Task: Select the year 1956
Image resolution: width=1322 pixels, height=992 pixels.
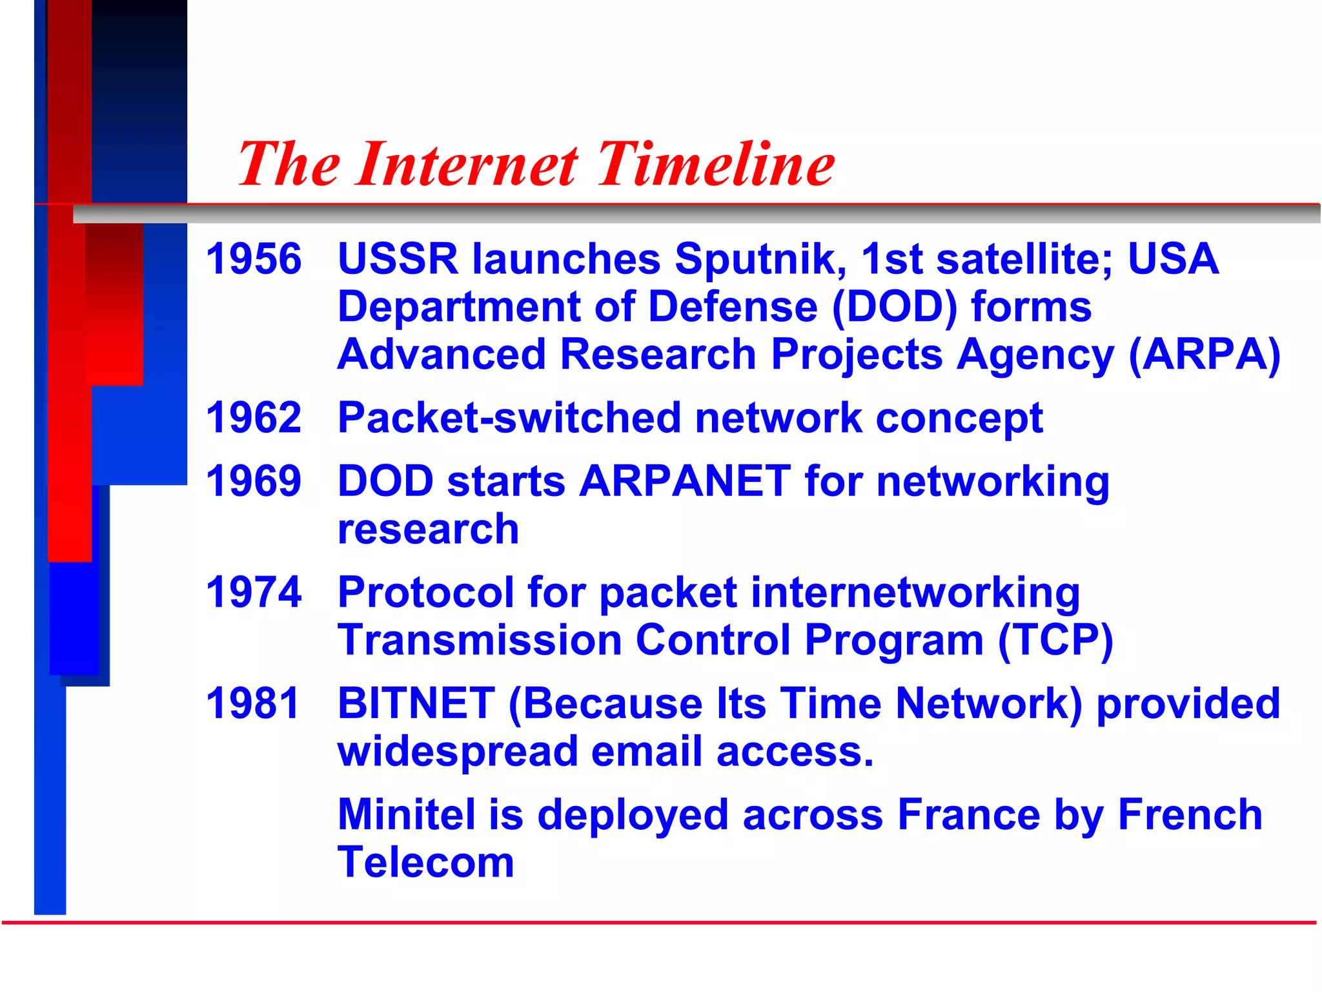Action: click(x=254, y=259)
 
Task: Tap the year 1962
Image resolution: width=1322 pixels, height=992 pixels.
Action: click(x=254, y=418)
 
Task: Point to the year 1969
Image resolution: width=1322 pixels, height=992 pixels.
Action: click(x=254, y=481)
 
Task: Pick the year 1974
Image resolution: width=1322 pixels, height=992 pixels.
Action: click(x=254, y=592)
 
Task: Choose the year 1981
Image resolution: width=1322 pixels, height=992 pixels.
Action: click(x=254, y=703)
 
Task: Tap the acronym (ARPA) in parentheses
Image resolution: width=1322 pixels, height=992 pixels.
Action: click(x=1205, y=355)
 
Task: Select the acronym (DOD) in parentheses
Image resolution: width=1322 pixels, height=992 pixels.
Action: click(x=895, y=307)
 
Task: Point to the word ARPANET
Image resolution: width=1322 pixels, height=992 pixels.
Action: click(x=685, y=481)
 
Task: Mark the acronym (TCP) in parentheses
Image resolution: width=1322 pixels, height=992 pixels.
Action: click(x=1055, y=640)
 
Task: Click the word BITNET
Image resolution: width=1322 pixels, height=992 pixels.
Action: click(x=416, y=703)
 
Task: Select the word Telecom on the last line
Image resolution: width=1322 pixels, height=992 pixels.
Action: click(x=426, y=862)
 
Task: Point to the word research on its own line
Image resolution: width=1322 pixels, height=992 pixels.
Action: click(x=428, y=530)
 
